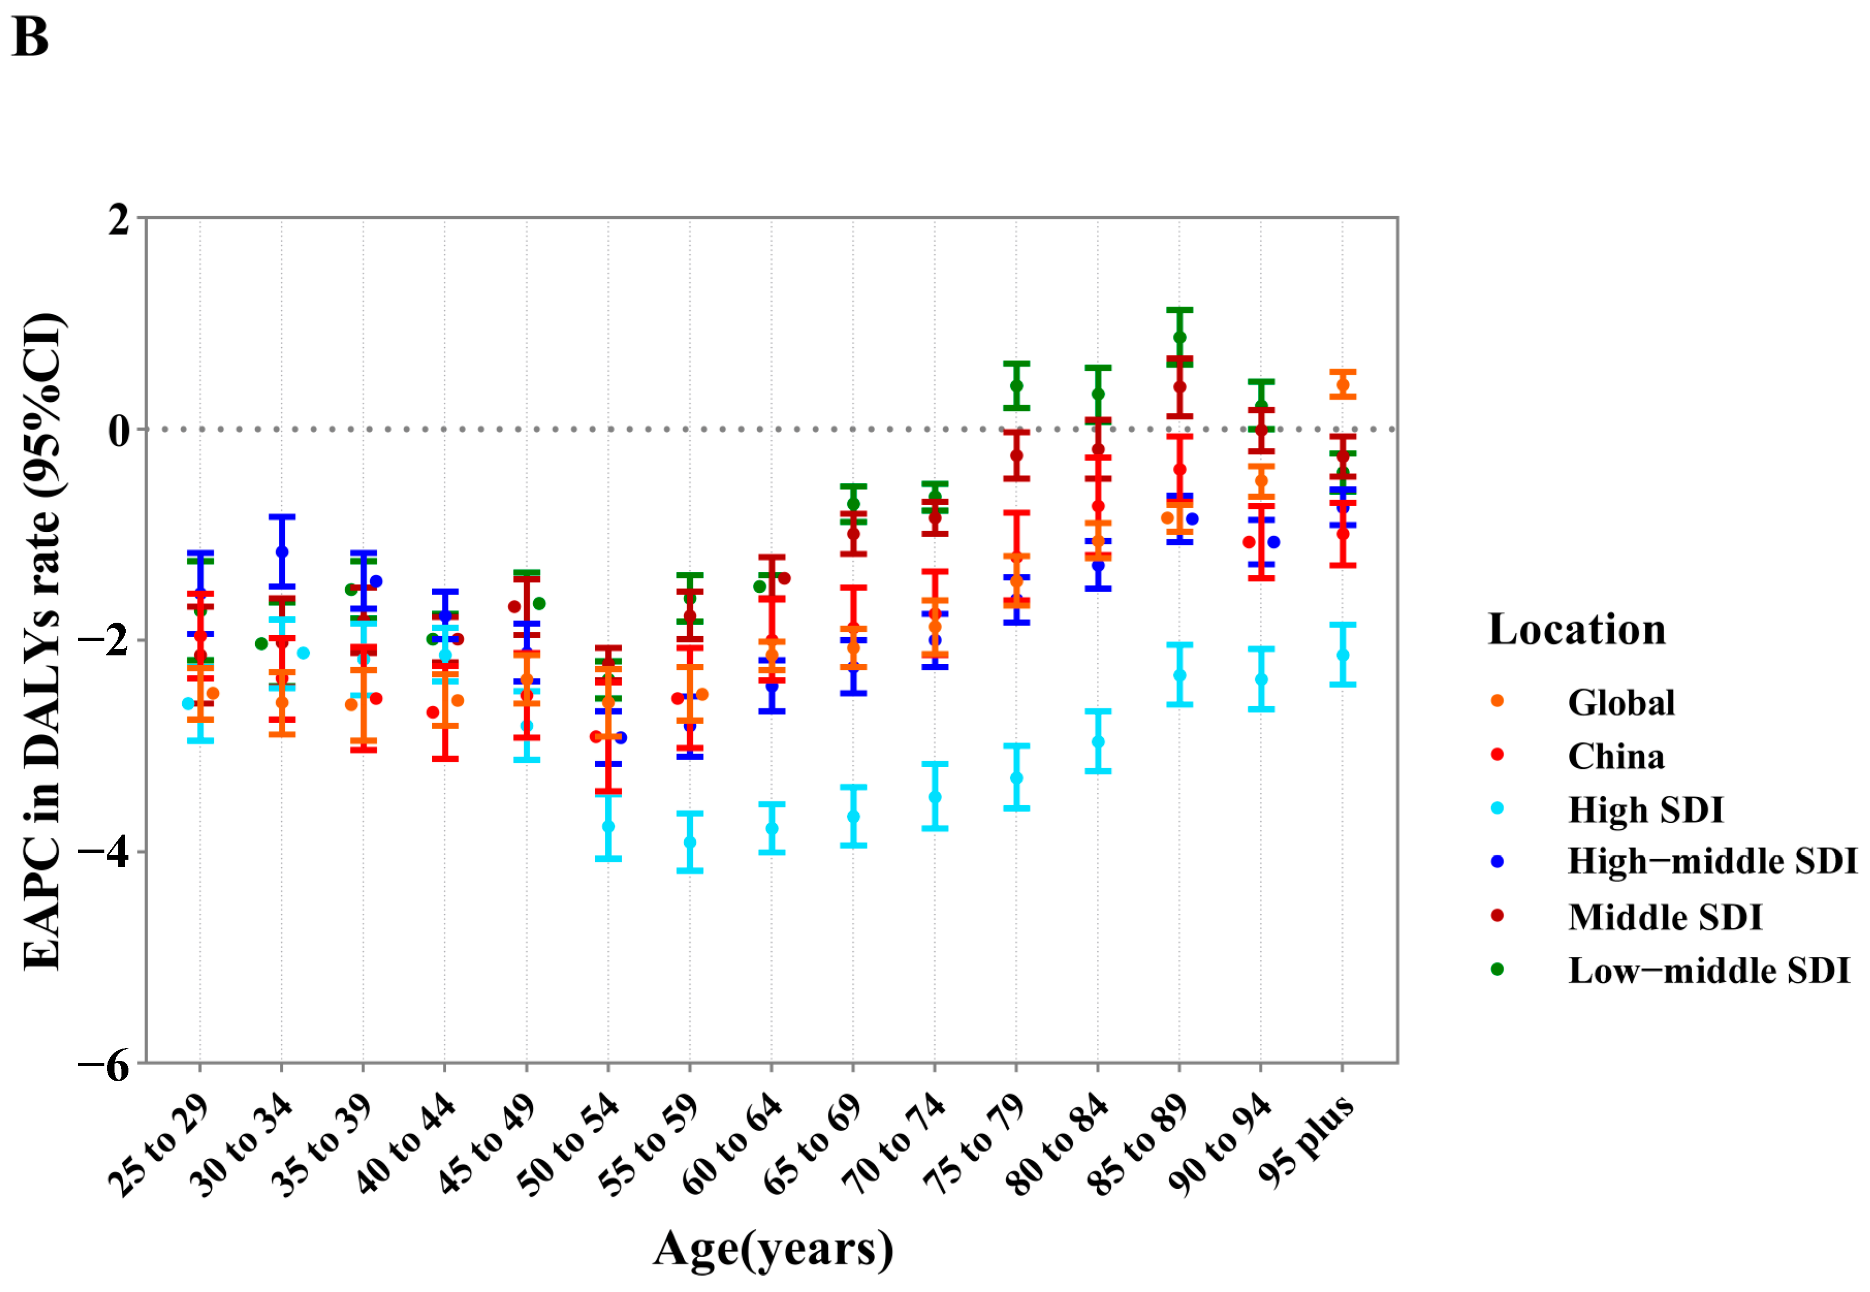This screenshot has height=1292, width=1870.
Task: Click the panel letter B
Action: click(x=30, y=38)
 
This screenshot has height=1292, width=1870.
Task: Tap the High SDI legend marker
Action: click(x=1497, y=808)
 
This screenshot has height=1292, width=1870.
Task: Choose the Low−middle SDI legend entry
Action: click(x=1707, y=970)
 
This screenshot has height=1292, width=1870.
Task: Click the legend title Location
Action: click(x=1576, y=629)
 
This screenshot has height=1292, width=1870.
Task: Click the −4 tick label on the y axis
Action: click(x=104, y=852)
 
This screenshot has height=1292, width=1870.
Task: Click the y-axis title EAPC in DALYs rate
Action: click(x=42, y=639)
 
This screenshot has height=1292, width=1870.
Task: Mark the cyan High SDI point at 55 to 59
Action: click(x=690, y=843)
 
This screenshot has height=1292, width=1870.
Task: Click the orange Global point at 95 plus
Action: click(x=1342, y=385)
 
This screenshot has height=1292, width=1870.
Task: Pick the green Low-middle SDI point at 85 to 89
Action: click(x=1179, y=338)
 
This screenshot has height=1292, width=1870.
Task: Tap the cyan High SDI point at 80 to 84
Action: click(x=1098, y=741)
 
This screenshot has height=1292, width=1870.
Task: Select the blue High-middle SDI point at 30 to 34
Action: click(x=282, y=552)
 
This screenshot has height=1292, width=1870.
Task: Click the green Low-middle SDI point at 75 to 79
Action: click(x=1016, y=385)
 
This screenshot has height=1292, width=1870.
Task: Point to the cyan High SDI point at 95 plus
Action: click(x=1342, y=655)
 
